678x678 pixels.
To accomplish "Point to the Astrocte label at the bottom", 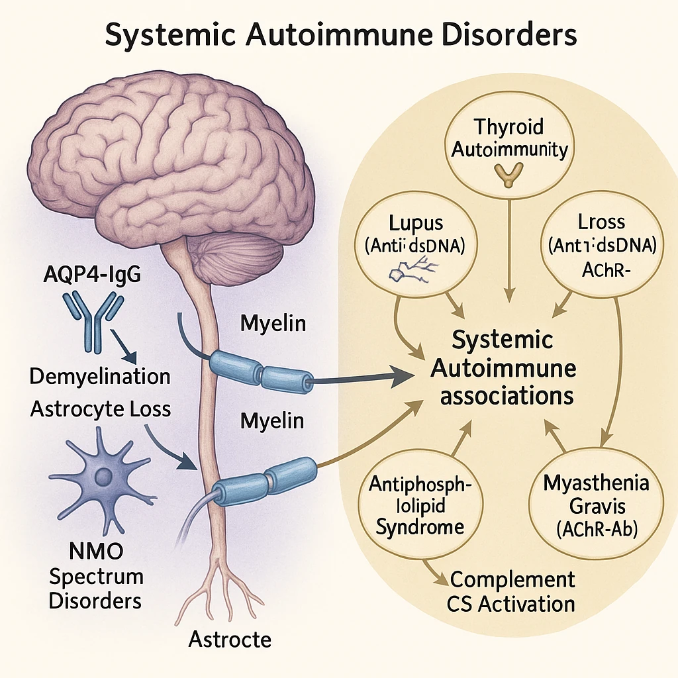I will [x=230, y=639].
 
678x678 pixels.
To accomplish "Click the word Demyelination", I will [x=100, y=377].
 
